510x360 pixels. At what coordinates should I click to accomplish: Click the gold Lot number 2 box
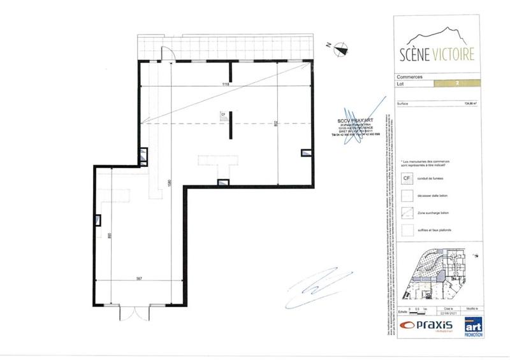point(457,83)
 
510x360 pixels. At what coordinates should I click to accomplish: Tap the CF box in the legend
point(406,180)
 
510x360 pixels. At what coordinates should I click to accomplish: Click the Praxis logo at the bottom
point(426,326)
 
